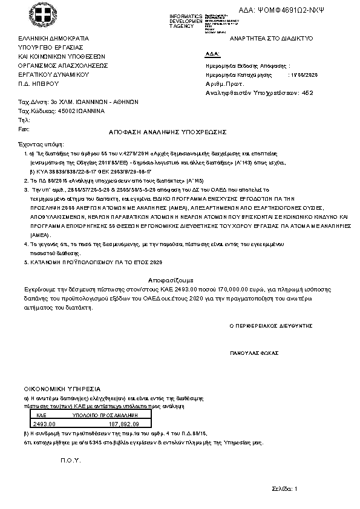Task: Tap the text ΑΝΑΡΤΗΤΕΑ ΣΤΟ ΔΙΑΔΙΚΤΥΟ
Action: pyautogui.click(x=271, y=37)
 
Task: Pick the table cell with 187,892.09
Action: pyautogui.click(x=126, y=424)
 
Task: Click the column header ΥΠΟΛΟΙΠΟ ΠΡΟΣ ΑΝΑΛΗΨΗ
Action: pyautogui.click(x=106, y=416)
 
